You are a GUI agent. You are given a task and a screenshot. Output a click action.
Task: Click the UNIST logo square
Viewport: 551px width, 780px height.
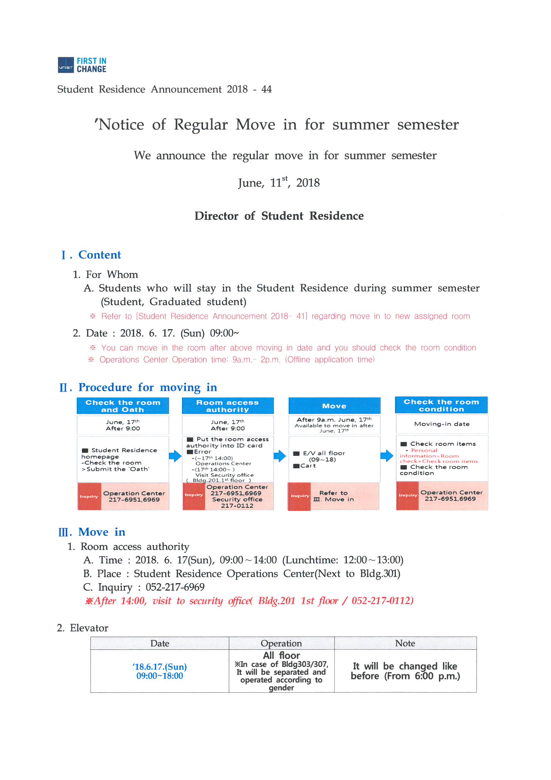[66, 65]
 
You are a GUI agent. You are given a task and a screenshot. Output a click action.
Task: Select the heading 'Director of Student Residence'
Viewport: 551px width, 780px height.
[279, 216]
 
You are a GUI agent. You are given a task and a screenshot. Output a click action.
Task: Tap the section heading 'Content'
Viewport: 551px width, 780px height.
[99, 255]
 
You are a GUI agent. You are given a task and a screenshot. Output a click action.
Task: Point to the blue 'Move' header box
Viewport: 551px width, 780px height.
[334, 406]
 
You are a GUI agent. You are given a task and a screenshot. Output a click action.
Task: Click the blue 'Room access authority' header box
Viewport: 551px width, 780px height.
[227, 406]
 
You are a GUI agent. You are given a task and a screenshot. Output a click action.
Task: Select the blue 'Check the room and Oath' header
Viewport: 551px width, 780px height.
[123, 406]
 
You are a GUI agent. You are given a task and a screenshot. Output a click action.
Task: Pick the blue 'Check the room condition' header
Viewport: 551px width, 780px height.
[441, 405]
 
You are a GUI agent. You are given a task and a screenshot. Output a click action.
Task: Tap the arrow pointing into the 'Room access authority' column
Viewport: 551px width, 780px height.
[175, 456]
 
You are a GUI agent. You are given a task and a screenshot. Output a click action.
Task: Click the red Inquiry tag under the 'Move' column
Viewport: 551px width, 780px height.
[299, 496]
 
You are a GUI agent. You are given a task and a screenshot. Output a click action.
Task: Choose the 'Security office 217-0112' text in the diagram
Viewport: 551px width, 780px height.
[237, 502]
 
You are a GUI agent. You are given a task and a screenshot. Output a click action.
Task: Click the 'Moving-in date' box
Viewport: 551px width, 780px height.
[441, 424]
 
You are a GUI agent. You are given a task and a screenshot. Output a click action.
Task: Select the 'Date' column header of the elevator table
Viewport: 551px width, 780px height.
[160, 643]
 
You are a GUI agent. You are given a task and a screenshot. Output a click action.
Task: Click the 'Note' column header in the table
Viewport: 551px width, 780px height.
[405, 643]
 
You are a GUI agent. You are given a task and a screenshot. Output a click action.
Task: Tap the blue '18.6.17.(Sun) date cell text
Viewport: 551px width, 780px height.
[160, 667]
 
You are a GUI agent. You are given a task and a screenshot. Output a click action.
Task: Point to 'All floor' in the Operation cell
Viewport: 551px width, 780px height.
[281, 655]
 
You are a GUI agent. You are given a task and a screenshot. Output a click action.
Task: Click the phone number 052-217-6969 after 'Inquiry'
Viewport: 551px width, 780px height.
[175, 587]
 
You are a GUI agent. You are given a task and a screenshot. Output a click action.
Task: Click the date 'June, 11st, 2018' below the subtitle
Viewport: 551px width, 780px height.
[279, 183]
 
